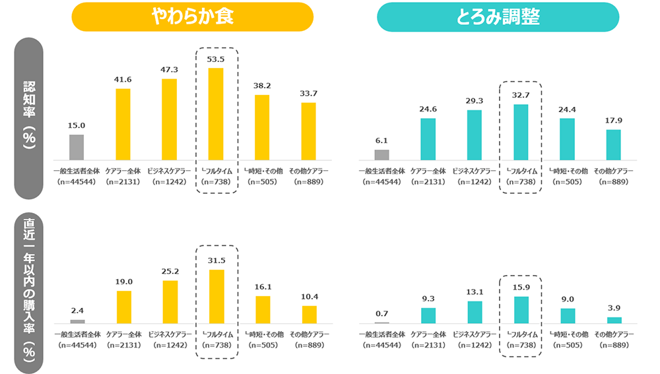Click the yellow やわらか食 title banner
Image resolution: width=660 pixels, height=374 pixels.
[x=191, y=17]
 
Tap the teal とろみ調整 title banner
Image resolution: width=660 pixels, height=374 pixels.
[x=498, y=17]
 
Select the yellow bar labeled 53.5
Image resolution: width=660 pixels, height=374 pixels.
[x=216, y=113]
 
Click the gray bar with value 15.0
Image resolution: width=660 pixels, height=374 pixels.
[x=77, y=147]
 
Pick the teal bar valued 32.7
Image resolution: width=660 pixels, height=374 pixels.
[x=521, y=132]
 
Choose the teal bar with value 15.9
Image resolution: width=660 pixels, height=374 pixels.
[x=521, y=309]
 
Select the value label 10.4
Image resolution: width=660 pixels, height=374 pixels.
[x=309, y=296]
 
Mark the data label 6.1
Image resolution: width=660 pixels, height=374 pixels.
[x=381, y=140]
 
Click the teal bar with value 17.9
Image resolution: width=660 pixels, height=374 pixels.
[x=614, y=144]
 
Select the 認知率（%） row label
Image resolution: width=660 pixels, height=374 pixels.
[x=28, y=117]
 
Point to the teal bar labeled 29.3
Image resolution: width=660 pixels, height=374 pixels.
[x=475, y=135]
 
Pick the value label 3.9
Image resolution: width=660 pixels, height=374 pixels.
[x=614, y=307]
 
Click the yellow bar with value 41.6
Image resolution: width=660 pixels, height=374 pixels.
[x=123, y=124]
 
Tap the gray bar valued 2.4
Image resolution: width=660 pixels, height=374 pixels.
[x=77, y=321]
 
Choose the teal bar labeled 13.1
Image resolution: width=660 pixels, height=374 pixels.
[x=475, y=312]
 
